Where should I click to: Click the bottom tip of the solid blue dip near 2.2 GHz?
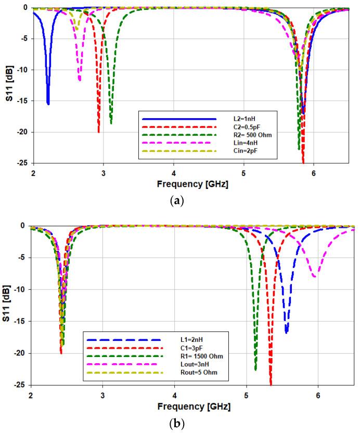[48, 104]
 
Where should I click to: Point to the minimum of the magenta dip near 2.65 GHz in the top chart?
[80, 80]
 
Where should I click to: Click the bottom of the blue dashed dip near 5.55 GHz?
[287, 333]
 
